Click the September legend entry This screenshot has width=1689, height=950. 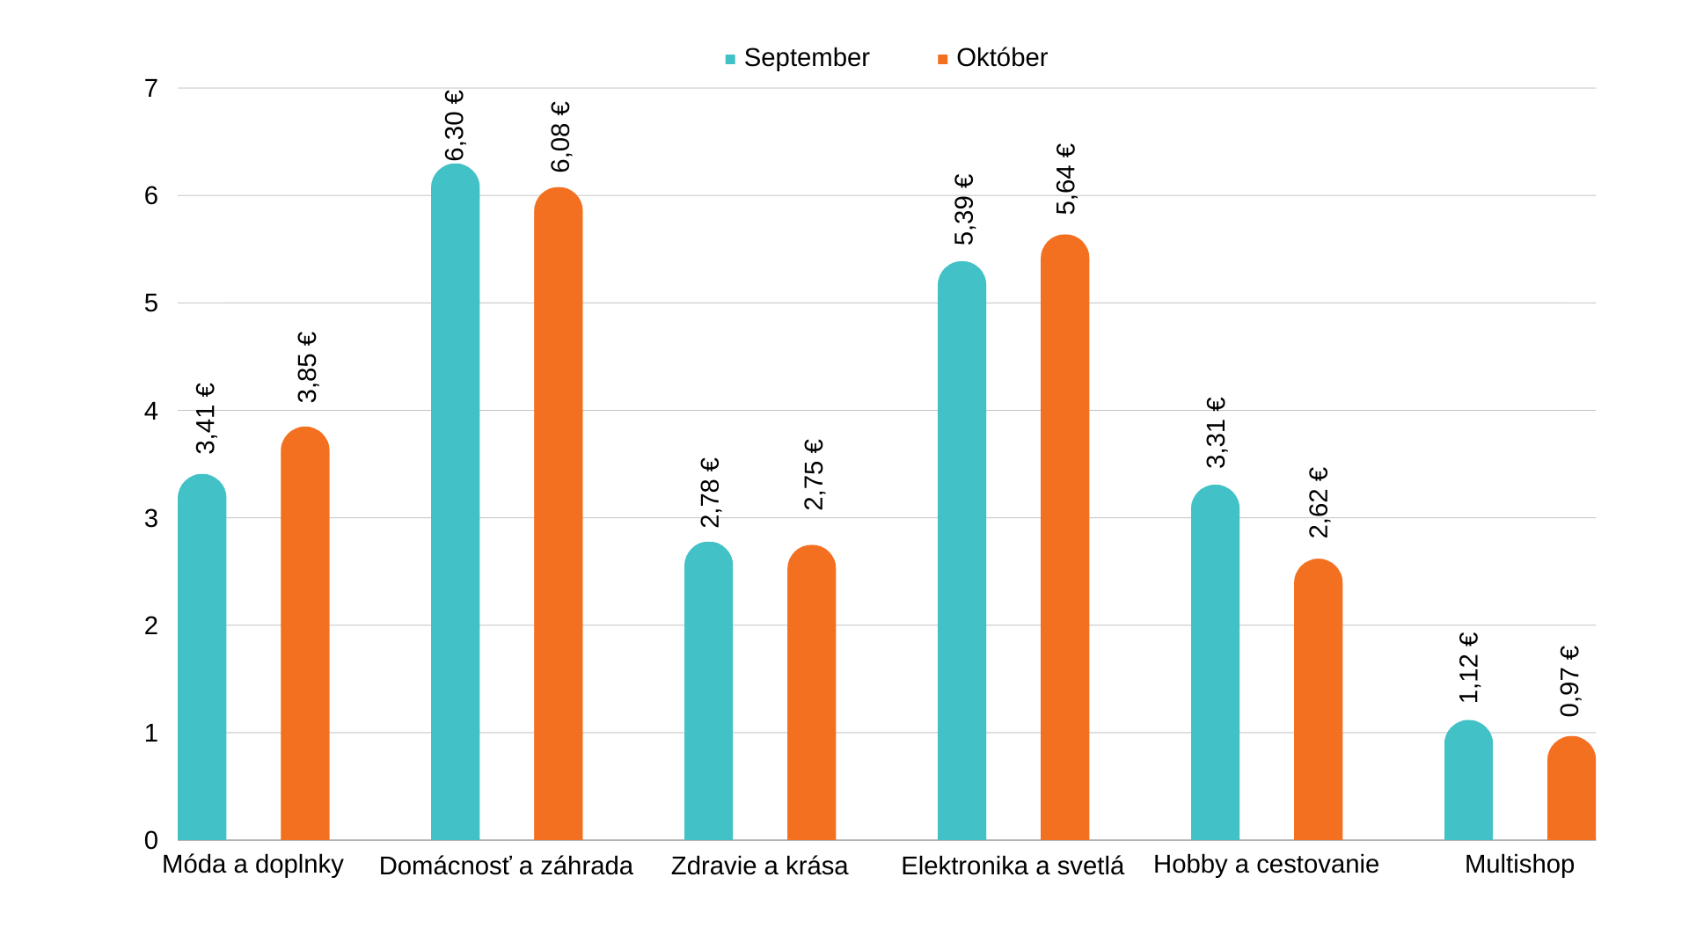click(x=797, y=58)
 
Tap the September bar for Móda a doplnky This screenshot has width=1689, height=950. click(x=201, y=660)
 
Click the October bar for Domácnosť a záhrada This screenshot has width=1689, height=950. click(x=558, y=519)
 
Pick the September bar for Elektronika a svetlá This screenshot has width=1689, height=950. click(x=961, y=554)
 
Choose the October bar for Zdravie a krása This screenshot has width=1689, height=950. click(x=811, y=695)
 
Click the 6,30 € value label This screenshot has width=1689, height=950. click(x=455, y=126)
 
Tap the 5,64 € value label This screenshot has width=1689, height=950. click(x=1065, y=179)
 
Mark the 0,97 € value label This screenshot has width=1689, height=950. click(x=1570, y=682)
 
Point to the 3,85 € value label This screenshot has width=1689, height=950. click(x=307, y=368)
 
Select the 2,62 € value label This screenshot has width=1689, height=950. click(x=1318, y=502)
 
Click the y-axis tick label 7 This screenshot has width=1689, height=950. click(x=151, y=89)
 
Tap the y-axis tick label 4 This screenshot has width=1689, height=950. click(x=151, y=411)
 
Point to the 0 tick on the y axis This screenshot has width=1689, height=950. click(x=151, y=841)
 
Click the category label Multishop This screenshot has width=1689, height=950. click(x=1519, y=865)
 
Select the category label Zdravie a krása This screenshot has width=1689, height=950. click(x=759, y=866)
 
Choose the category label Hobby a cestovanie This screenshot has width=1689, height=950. click(x=1266, y=865)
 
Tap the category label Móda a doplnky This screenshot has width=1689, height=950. click(x=252, y=865)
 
